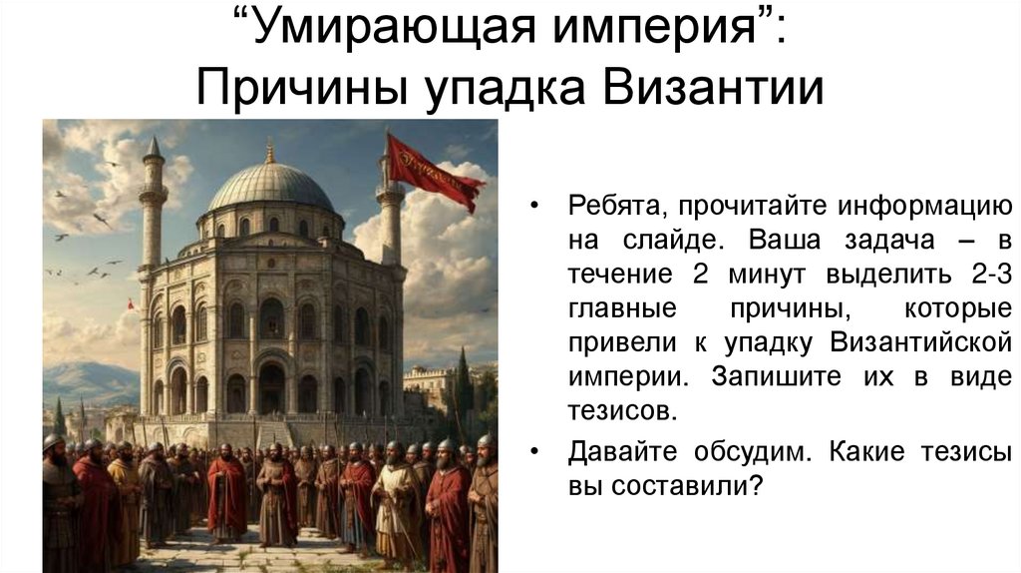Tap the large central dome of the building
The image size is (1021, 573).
269,187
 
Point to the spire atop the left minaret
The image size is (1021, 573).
153,150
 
